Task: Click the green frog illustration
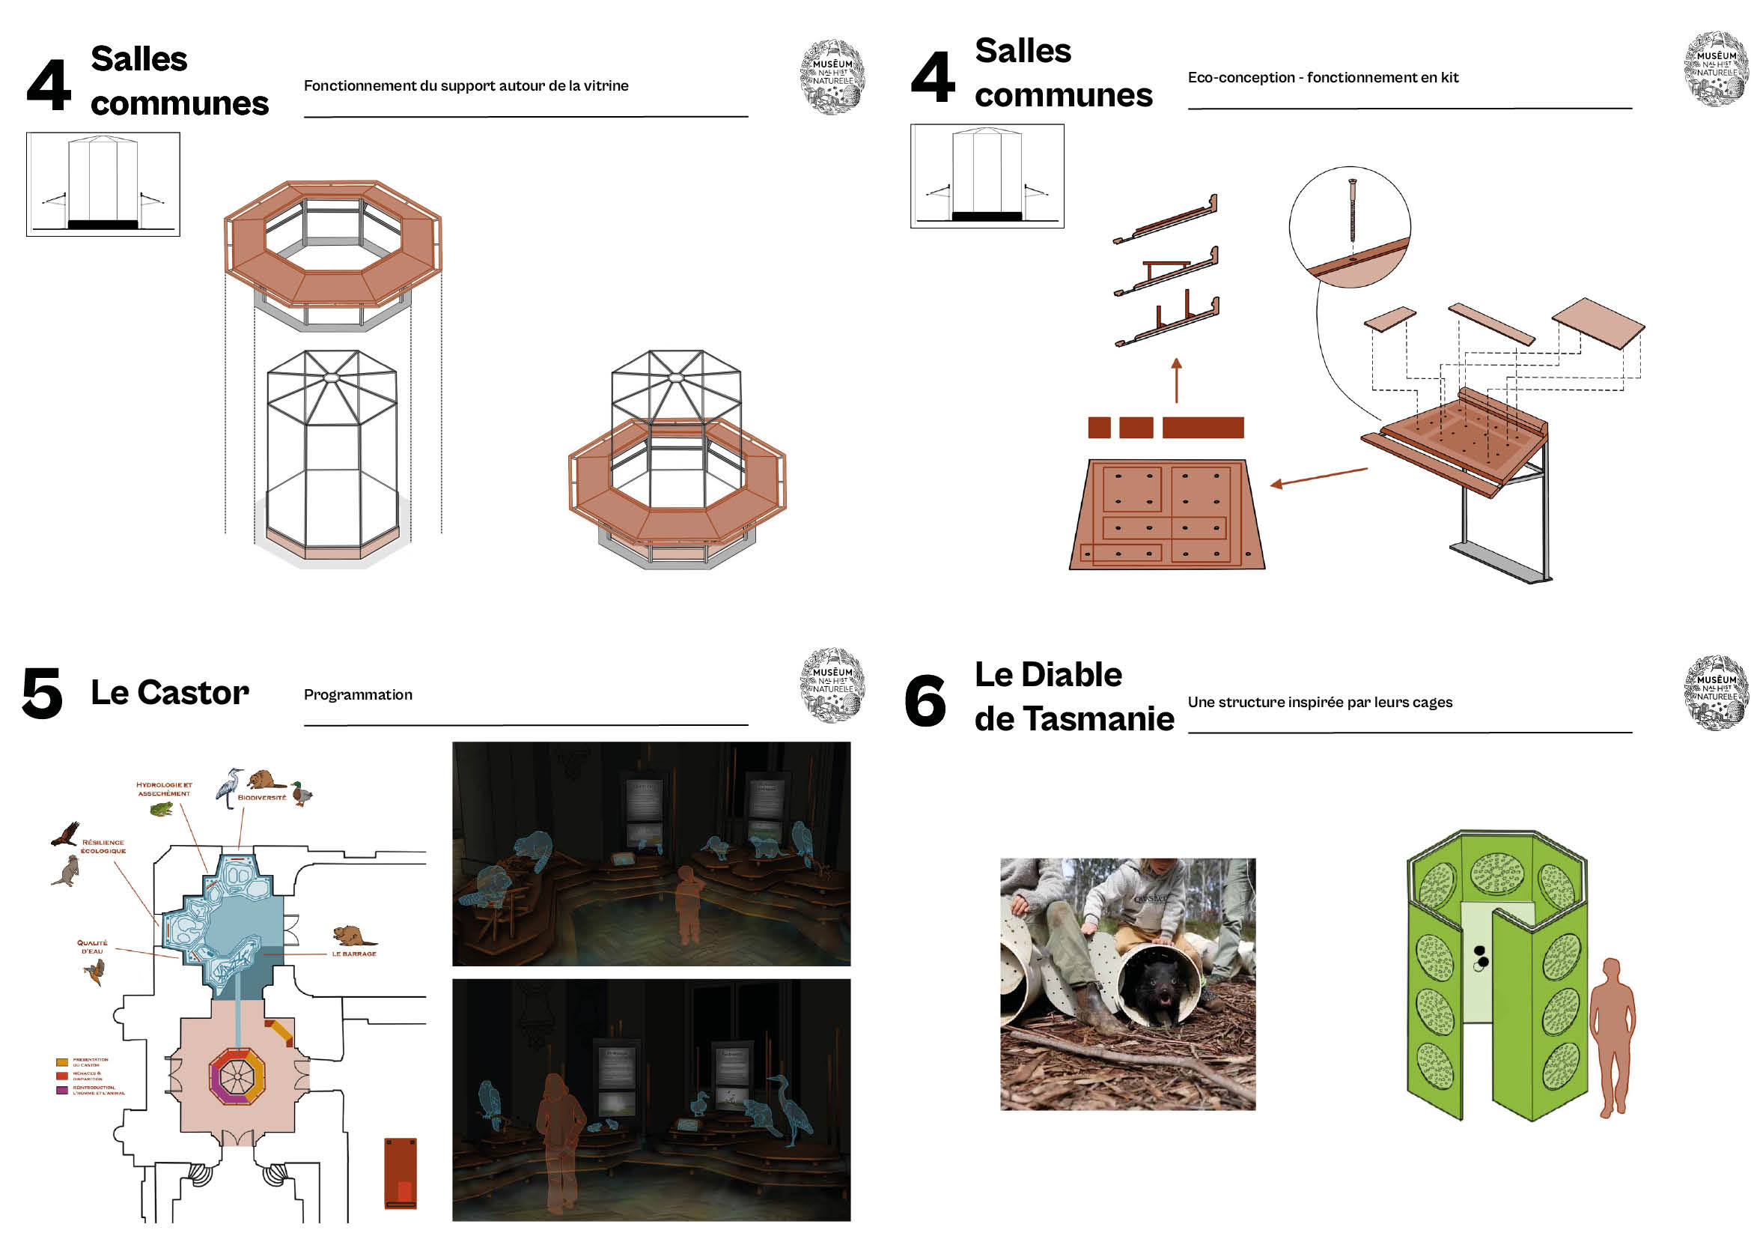tap(161, 809)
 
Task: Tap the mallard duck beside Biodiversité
tap(302, 793)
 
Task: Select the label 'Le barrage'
tap(354, 954)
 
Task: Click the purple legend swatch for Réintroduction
tap(62, 1090)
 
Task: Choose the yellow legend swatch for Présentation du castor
tap(62, 1062)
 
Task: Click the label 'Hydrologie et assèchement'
tap(164, 789)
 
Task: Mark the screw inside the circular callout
tap(1352, 210)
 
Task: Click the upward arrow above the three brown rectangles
tap(1177, 379)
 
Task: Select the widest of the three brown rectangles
tap(1203, 427)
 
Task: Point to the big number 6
tap(925, 700)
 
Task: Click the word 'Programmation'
tap(358, 695)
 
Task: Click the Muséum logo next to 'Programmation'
tap(832, 685)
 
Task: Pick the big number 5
tap(42, 693)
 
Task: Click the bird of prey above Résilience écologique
tap(67, 834)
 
